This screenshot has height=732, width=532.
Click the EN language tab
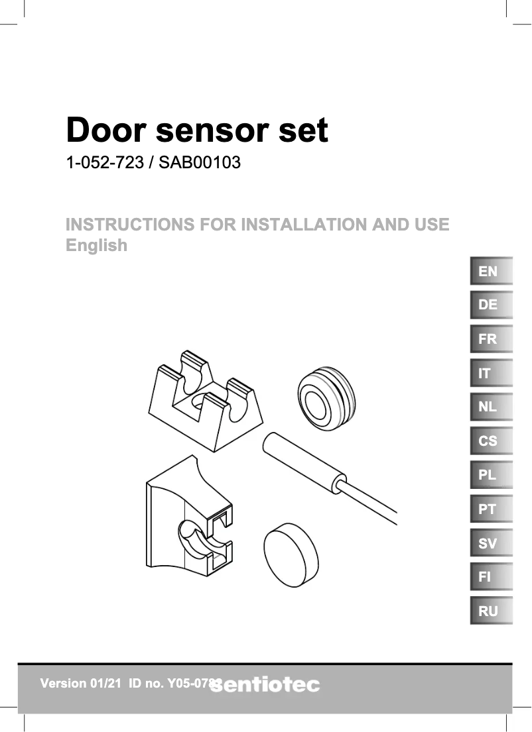point(491,271)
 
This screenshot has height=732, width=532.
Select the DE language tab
point(491,305)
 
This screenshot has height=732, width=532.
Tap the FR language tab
point(491,339)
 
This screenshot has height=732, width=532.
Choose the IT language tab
point(491,373)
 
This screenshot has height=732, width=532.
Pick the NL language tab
point(491,407)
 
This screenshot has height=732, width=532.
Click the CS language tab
point(491,441)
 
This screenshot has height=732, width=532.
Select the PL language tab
point(491,475)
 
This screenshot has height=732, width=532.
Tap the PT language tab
point(491,509)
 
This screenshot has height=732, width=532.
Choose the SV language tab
point(491,543)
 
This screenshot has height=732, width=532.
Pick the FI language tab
point(491,577)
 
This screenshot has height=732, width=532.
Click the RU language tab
point(491,611)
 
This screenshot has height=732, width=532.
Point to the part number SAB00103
point(199,162)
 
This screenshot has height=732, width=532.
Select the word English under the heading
point(97,245)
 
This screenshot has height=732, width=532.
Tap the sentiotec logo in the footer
point(265,685)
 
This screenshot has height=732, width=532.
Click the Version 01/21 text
point(81,683)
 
